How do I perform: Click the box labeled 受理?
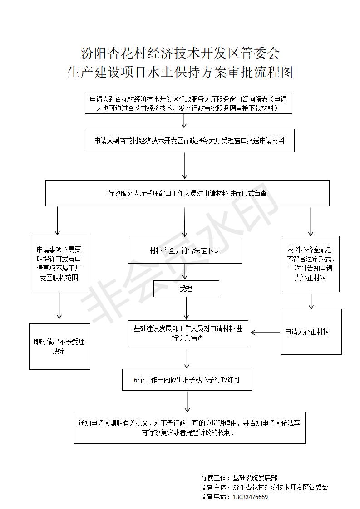click(186, 289)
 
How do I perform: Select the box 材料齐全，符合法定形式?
click(185, 250)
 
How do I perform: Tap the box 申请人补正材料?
click(311, 332)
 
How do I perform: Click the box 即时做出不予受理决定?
click(59, 347)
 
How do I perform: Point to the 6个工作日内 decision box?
click(187, 379)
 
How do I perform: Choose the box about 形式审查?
click(187, 193)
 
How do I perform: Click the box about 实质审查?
click(188, 333)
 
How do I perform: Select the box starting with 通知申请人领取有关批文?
click(189, 427)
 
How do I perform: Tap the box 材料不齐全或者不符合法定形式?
click(311, 264)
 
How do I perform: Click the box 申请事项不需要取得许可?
click(59, 264)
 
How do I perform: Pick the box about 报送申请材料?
click(189, 141)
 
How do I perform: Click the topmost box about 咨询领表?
click(188, 103)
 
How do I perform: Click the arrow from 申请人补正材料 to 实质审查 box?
click(265, 333)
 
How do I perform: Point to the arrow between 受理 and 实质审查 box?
click(187, 308)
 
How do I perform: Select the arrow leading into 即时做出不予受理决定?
click(59, 306)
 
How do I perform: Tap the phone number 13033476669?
click(251, 497)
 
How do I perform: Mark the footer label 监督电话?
click(214, 497)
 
